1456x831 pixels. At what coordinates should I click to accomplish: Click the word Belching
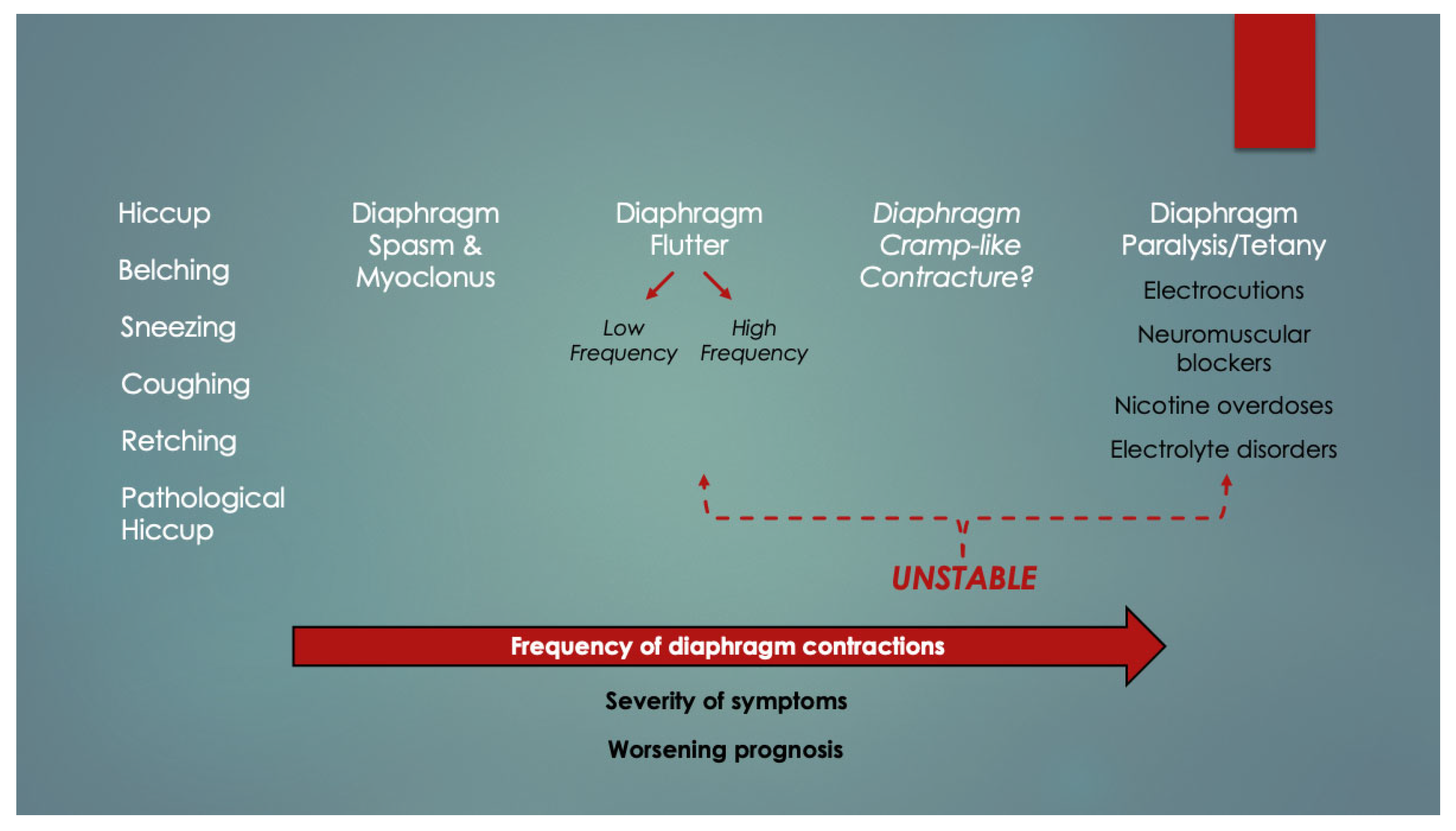click(x=174, y=271)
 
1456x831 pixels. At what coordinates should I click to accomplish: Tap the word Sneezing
click(x=178, y=328)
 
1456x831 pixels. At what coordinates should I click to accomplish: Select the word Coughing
click(x=186, y=385)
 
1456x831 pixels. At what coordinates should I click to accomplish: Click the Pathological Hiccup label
click(x=202, y=514)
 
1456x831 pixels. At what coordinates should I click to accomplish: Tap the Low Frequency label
click(x=623, y=341)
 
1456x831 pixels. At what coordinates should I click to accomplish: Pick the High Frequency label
click(x=753, y=341)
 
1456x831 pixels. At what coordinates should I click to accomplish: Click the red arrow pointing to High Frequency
click(x=717, y=286)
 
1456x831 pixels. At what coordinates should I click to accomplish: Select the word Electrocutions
click(x=1223, y=291)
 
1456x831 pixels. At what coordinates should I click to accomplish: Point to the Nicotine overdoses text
click(x=1223, y=406)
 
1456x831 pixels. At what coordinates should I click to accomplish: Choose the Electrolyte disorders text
click(x=1223, y=450)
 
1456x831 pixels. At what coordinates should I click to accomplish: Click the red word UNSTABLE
click(x=964, y=578)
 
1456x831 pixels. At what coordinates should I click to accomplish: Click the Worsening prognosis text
click(x=725, y=749)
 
